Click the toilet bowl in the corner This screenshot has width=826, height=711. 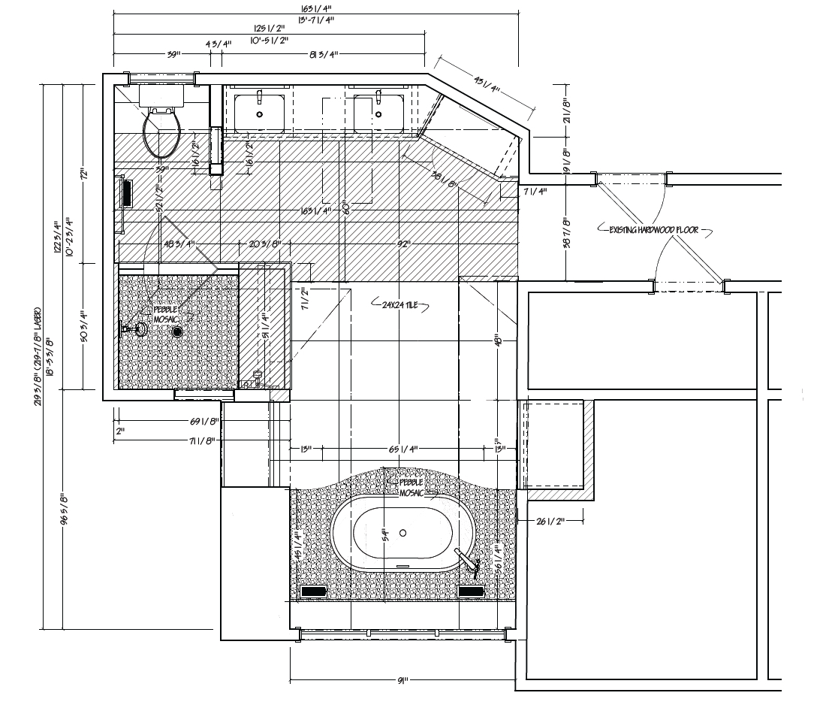click(x=162, y=134)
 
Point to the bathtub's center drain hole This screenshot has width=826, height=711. click(x=403, y=533)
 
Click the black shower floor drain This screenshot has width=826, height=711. click(x=178, y=330)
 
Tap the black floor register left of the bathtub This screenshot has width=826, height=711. click(x=312, y=592)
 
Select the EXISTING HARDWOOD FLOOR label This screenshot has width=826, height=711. click(x=653, y=229)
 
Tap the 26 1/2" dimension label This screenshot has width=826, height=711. click(x=551, y=520)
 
